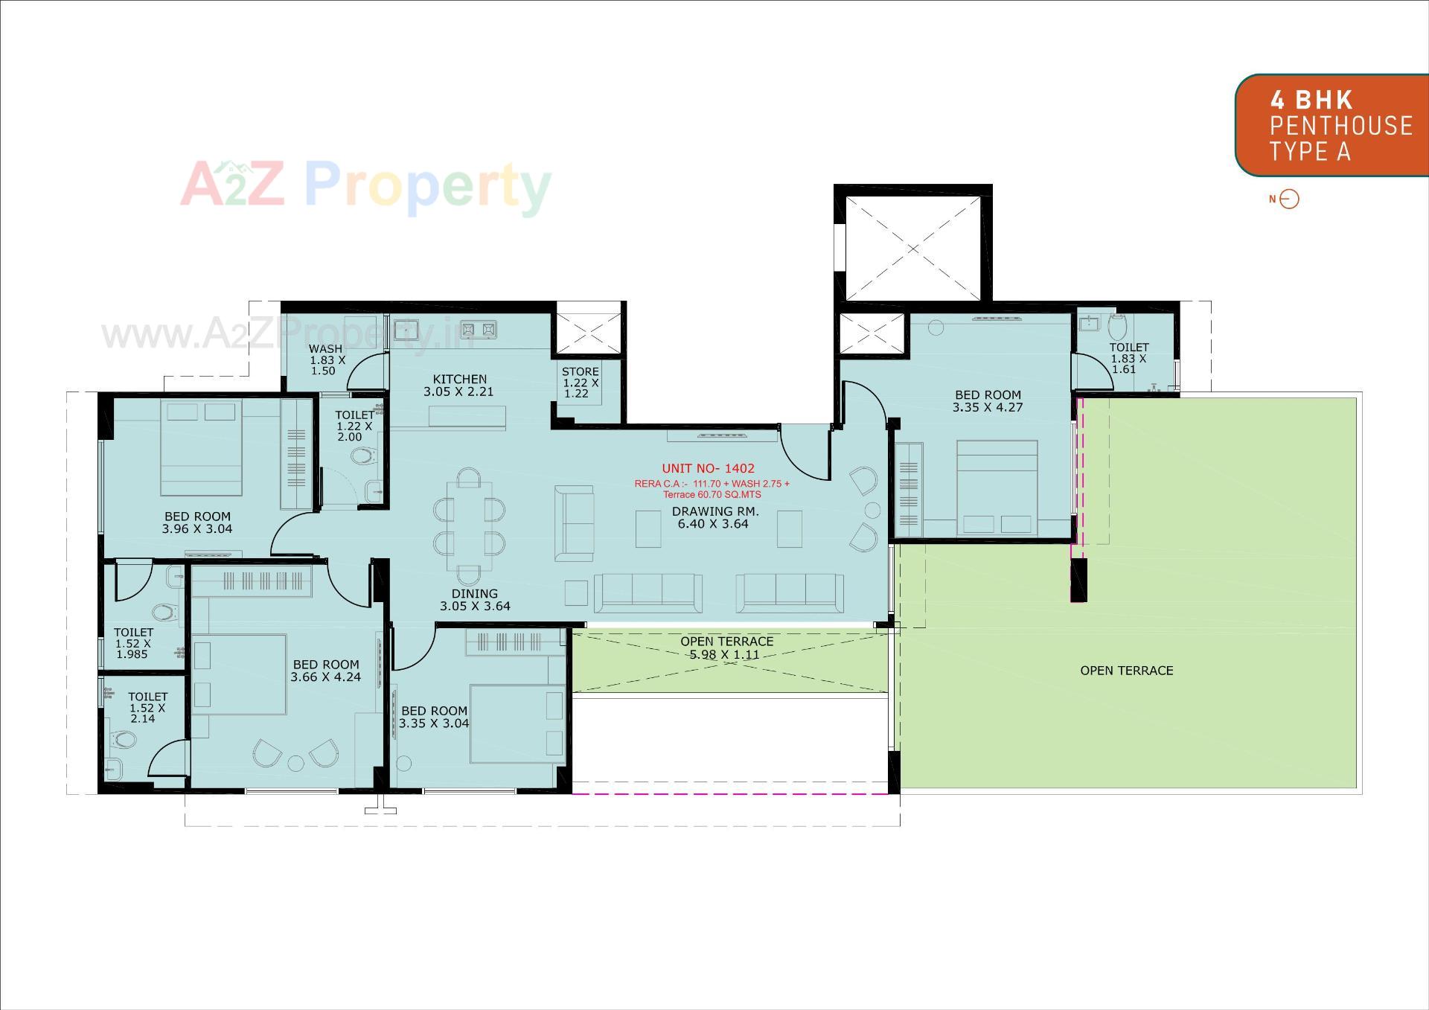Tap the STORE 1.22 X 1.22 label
click(x=581, y=382)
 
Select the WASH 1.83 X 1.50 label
click(x=327, y=359)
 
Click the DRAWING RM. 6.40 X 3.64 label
click(x=714, y=517)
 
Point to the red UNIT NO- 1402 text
click(x=708, y=468)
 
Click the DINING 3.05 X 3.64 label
click(x=475, y=600)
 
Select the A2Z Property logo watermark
click(x=365, y=186)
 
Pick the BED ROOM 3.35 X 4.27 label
click(x=988, y=401)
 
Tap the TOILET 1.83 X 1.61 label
click(x=1128, y=358)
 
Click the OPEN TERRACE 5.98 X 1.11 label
click(x=726, y=648)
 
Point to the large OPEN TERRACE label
click(x=1126, y=671)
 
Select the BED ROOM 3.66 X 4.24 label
click(x=326, y=671)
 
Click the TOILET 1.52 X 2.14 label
click(x=147, y=707)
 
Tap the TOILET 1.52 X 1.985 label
click(x=133, y=643)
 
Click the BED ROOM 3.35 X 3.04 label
click(x=434, y=717)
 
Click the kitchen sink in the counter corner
click(x=406, y=328)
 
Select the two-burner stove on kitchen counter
click(x=479, y=328)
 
